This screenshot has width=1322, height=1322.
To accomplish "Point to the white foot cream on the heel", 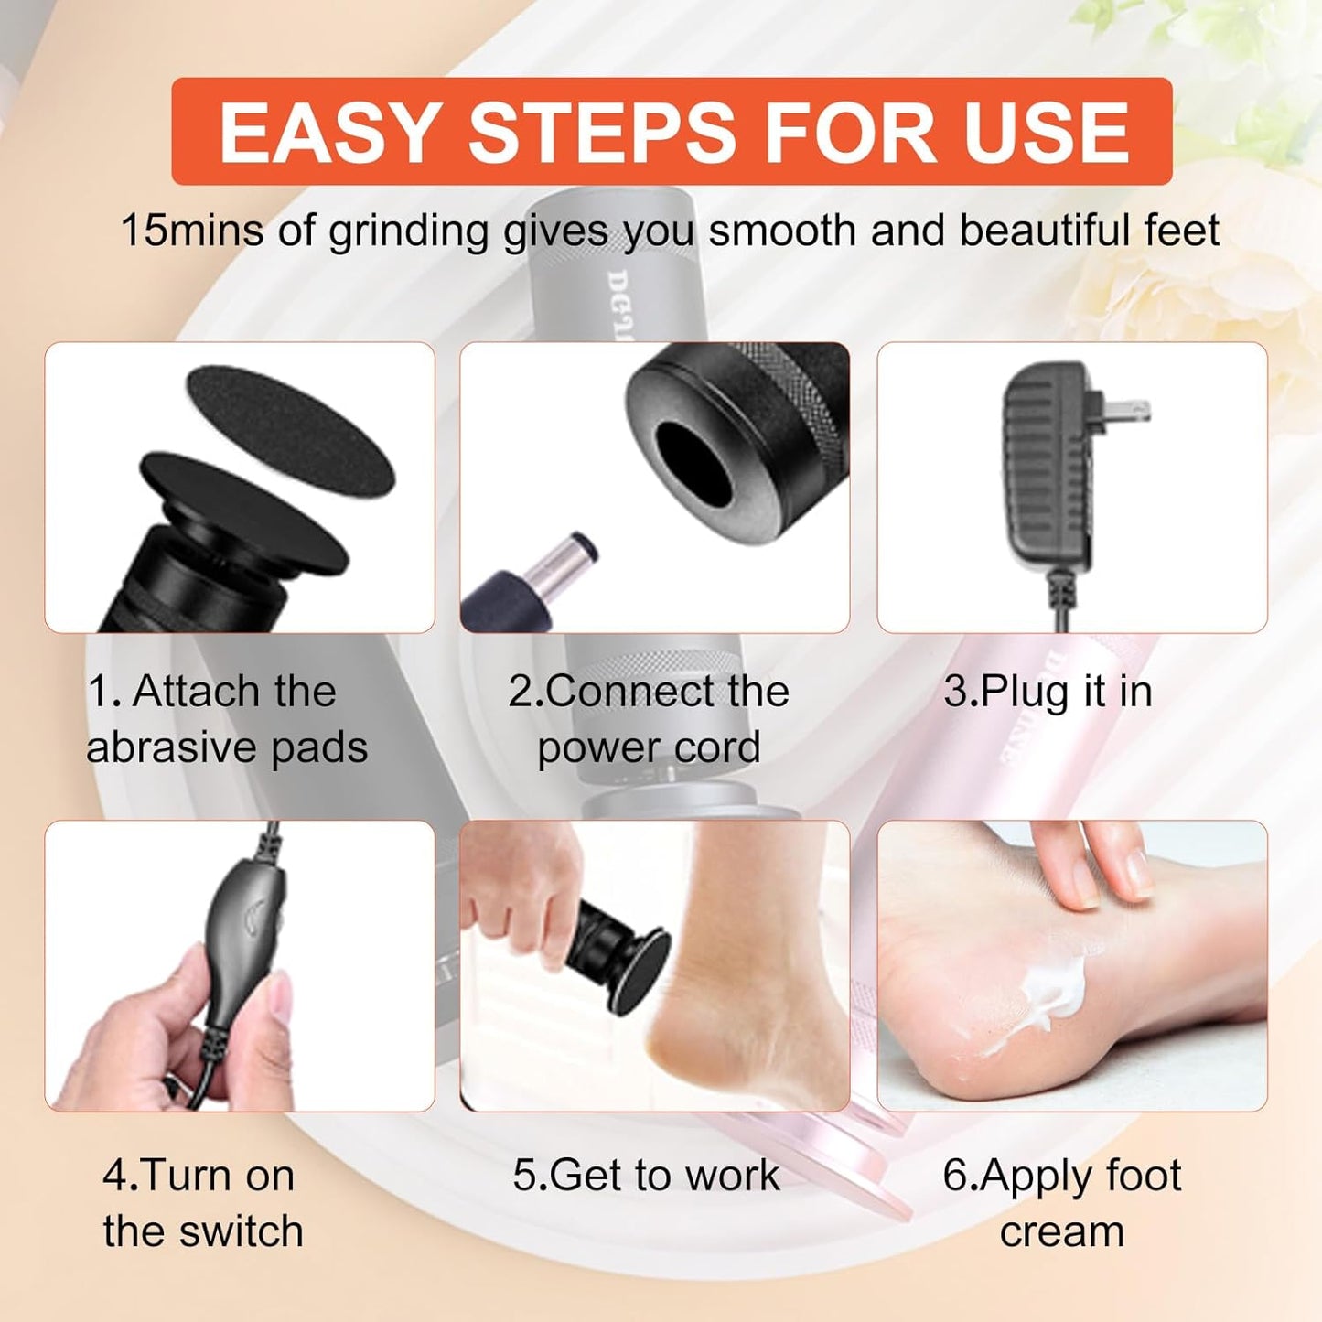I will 1052,993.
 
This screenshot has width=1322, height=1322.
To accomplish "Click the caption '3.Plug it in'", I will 1048,692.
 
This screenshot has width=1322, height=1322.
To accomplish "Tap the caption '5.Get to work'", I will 646,1176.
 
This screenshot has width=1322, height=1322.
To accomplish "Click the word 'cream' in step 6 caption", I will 1061,1231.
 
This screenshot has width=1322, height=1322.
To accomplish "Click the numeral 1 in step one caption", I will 98,692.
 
